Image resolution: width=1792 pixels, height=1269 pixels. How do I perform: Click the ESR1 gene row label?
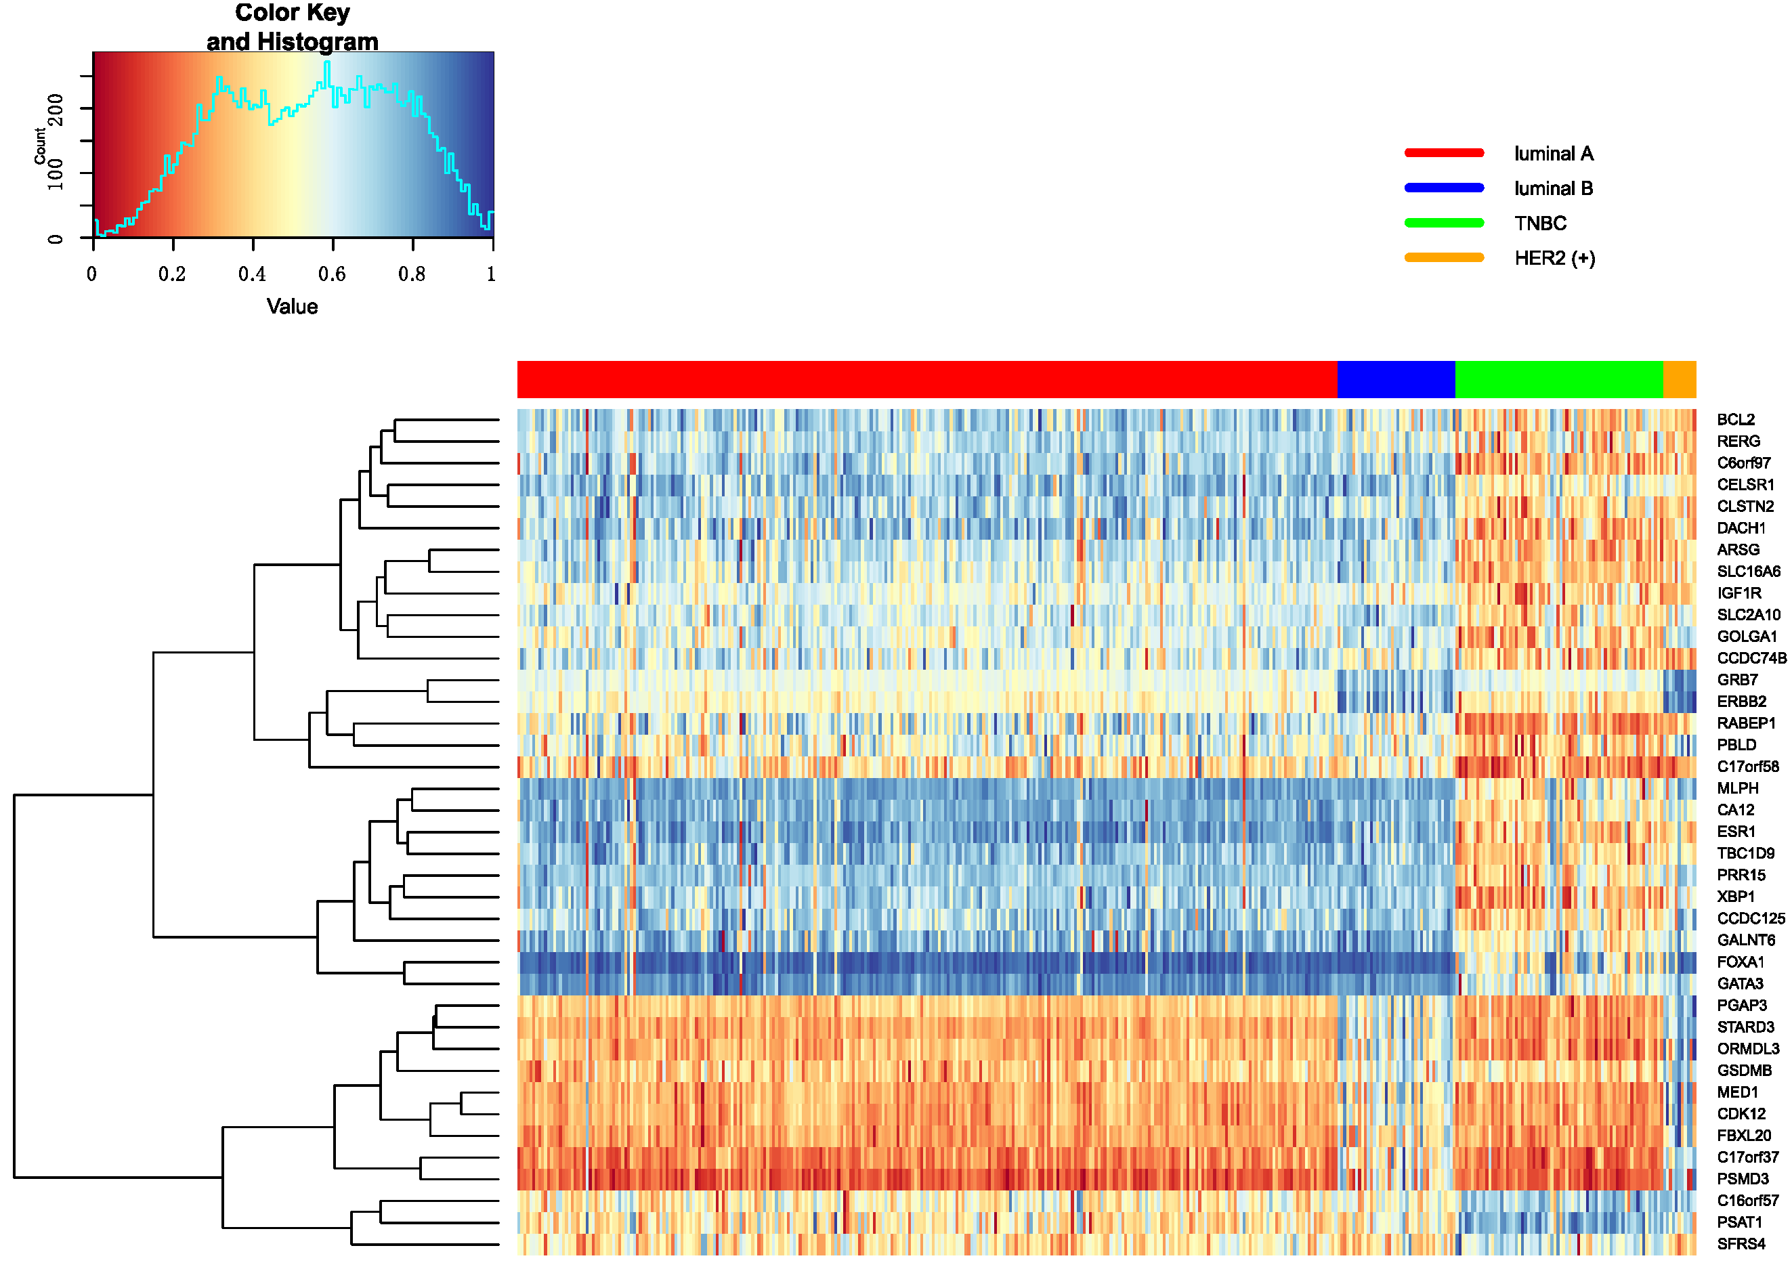(x=1736, y=832)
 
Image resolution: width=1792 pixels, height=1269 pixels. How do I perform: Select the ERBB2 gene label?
(x=1741, y=702)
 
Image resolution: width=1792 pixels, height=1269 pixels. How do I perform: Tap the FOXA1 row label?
(x=1741, y=962)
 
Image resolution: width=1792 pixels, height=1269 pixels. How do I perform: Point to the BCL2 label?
(x=1736, y=420)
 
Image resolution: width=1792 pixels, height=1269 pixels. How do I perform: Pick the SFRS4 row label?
(x=1741, y=1244)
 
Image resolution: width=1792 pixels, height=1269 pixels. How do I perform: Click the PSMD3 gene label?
(x=1742, y=1179)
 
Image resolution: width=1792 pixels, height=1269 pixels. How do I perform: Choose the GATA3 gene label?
(x=1740, y=984)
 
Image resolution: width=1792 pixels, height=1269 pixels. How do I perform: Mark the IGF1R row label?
(x=1739, y=593)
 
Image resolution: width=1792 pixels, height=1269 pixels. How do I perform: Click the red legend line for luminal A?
(x=1443, y=153)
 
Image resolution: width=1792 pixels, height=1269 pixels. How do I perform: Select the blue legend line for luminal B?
(x=1443, y=188)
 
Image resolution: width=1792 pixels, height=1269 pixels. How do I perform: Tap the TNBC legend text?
(x=1539, y=223)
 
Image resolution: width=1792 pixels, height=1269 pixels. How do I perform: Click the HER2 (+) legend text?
(x=1554, y=259)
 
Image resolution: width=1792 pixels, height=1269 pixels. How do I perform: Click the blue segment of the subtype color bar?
(x=1396, y=379)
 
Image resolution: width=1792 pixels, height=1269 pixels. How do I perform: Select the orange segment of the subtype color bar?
(x=1679, y=379)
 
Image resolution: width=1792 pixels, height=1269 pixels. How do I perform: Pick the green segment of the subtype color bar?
(x=1558, y=379)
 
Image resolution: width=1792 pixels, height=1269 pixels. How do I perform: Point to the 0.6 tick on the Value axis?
(x=332, y=274)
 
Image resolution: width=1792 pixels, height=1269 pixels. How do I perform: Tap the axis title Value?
(x=291, y=306)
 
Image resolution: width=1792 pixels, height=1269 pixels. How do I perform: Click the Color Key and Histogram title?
(x=293, y=26)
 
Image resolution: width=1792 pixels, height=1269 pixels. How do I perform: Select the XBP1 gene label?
(x=1736, y=897)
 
